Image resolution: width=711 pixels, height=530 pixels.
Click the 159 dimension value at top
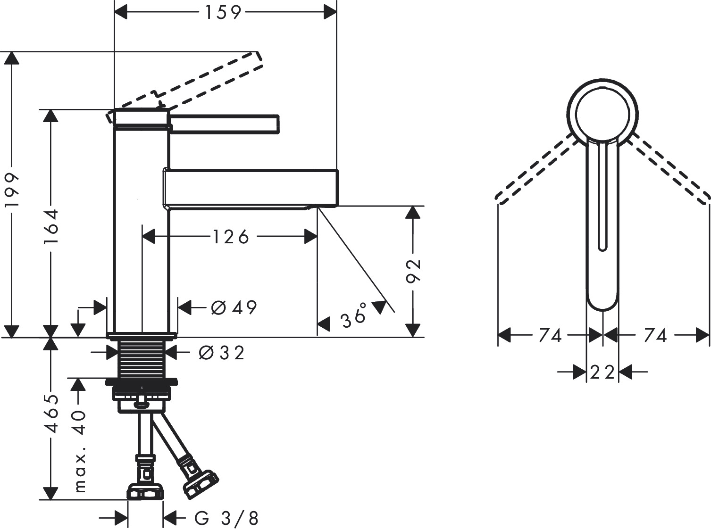coord(223,13)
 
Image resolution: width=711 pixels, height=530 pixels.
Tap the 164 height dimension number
coord(50,226)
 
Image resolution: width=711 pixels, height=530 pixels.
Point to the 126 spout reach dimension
coord(230,237)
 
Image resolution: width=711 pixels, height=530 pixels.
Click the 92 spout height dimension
coord(413,271)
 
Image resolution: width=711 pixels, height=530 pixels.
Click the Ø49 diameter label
coord(234,308)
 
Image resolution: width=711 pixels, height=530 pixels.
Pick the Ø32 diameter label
coord(221,353)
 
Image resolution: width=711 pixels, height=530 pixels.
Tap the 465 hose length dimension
coord(50,414)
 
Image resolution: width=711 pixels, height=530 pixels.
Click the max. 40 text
coord(81,451)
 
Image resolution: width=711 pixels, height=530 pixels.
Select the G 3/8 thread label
coord(227,519)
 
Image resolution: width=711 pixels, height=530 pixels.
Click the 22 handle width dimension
coord(602,373)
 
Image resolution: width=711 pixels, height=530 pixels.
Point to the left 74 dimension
coord(550,336)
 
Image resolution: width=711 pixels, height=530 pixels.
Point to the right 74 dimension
coord(655,336)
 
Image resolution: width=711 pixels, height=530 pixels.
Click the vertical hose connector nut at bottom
coord(145,491)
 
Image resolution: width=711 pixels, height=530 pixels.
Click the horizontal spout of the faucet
coord(250,188)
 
